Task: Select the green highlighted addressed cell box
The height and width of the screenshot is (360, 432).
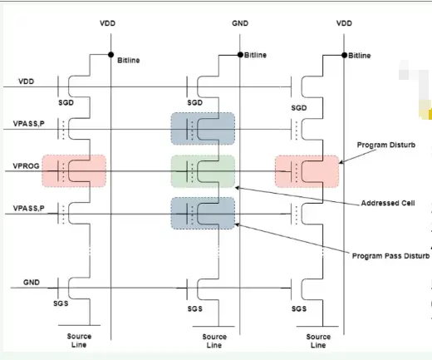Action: (x=203, y=171)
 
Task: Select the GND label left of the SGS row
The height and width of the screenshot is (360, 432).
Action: (x=31, y=282)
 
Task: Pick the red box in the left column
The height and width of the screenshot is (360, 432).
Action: (x=76, y=171)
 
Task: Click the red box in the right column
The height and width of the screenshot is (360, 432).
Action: (x=307, y=171)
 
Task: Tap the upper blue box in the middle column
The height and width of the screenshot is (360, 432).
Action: (x=203, y=129)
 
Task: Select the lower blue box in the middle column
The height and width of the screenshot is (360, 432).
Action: (x=203, y=213)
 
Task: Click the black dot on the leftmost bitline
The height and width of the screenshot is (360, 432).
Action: (x=110, y=55)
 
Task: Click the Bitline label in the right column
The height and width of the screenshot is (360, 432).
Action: (x=360, y=55)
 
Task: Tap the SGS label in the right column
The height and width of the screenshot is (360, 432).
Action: (x=299, y=309)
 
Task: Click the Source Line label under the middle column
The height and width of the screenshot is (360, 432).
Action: (x=214, y=341)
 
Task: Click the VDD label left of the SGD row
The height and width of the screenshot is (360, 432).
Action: (x=28, y=82)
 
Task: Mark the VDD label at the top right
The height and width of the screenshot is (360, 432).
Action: (x=343, y=24)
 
